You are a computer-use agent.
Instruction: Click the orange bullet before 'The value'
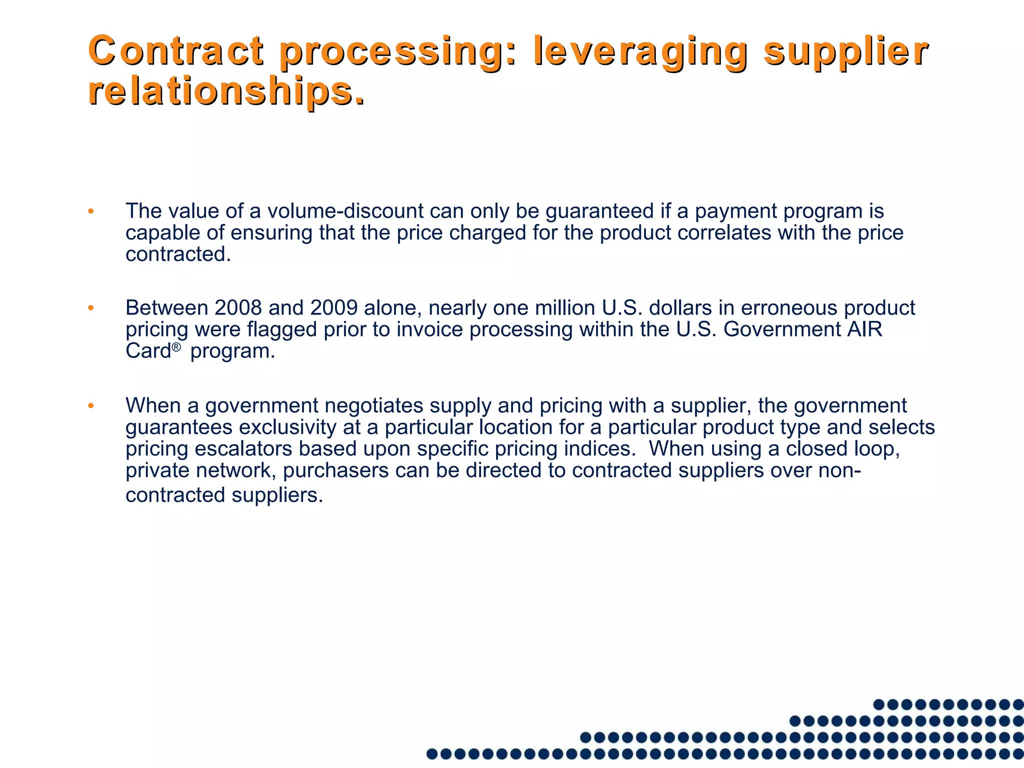click(90, 211)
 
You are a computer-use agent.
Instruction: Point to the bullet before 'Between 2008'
click(90, 308)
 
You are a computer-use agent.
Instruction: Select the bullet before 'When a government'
click(90, 405)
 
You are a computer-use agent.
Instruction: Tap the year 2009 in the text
click(333, 307)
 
